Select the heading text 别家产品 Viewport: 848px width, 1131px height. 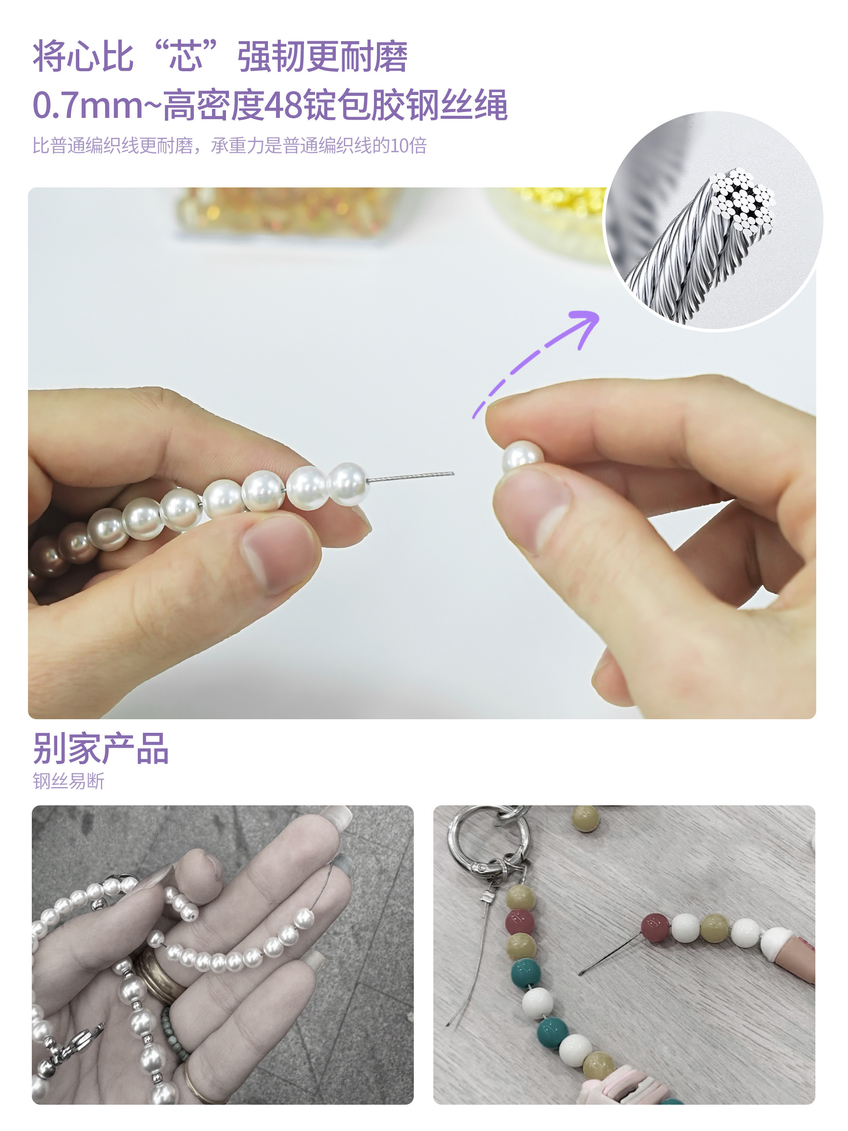point(100,748)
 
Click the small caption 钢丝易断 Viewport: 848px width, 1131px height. point(69,781)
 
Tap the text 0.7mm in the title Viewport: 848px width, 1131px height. point(87,105)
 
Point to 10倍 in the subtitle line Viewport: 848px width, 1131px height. point(408,146)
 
